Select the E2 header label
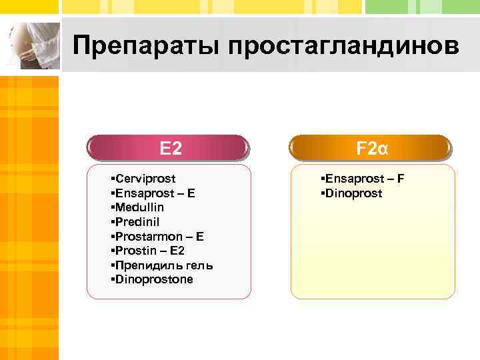tap(171, 148)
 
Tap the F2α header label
tap(372, 148)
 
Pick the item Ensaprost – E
tap(155, 193)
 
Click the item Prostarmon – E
tap(159, 236)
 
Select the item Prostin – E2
tap(150, 251)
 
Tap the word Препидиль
tap(145, 265)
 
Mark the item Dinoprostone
tap(154, 279)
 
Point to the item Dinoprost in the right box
tap(353, 193)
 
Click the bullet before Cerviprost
tap(113, 179)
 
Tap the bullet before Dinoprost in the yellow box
tap(322, 193)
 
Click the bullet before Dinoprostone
tap(113, 279)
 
